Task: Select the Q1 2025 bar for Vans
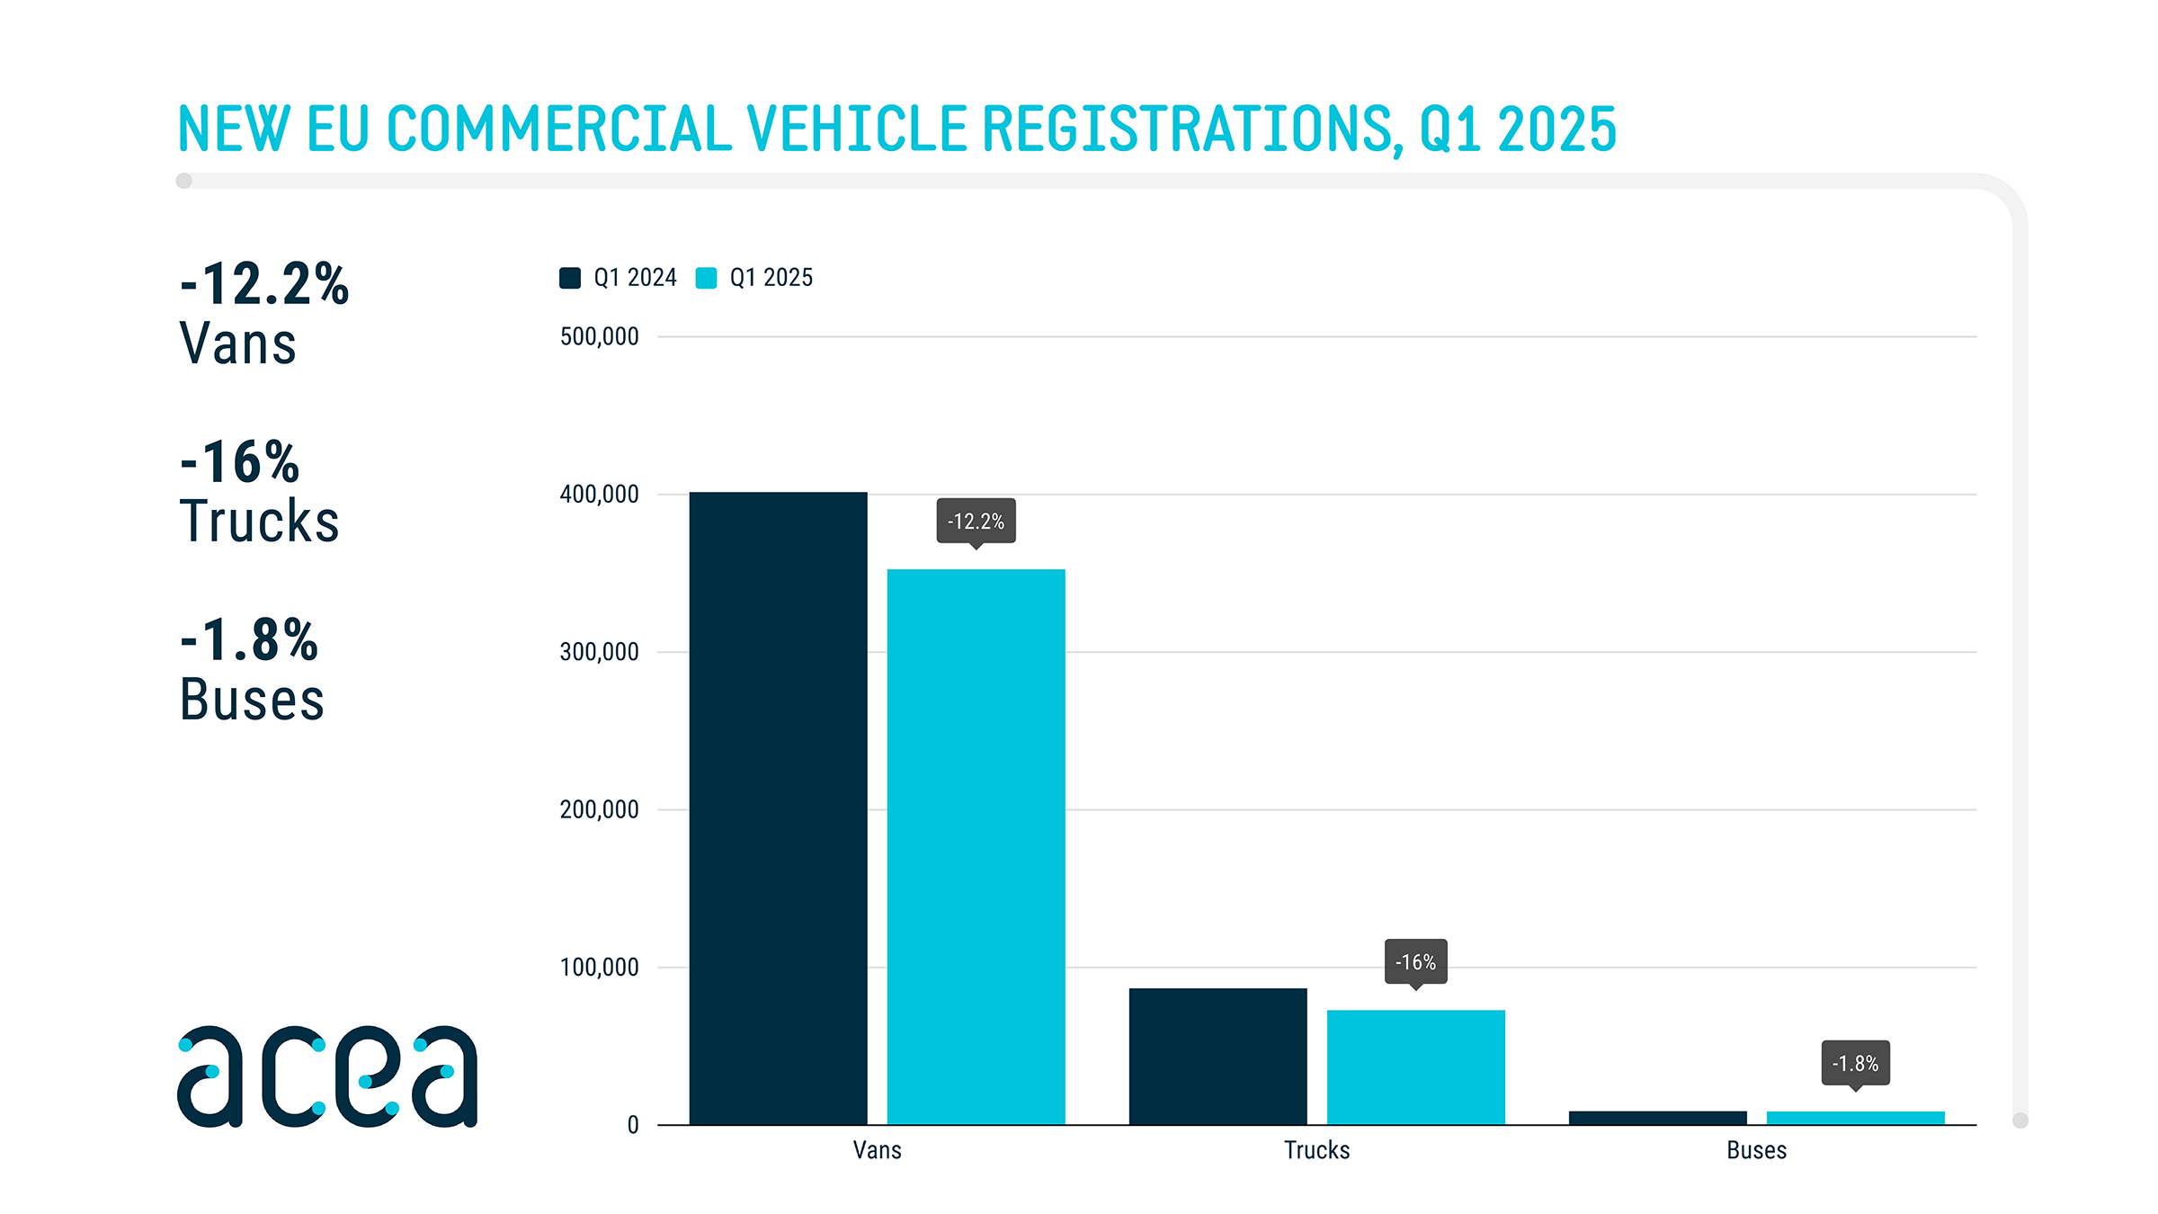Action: (976, 845)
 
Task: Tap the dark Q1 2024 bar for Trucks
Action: (1217, 1056)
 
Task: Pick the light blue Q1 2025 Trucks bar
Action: (1415, 1067)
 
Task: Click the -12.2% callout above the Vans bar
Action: (976, 522)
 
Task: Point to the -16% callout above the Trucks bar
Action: (1415, 962)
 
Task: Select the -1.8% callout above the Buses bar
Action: (1855, 1064)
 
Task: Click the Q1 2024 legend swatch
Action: (570, 278)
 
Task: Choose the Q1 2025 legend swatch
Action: (706, 278)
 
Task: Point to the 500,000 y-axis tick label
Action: (599, 337)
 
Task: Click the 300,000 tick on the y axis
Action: (599, 652)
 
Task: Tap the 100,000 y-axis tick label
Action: (599, 968)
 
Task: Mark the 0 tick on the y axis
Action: (633, 1125)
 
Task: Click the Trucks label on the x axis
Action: (1316, 1150)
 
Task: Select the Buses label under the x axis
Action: (1756, 1150)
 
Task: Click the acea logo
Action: (327, 1076)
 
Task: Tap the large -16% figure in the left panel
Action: (240, 462)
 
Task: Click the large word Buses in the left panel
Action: (252, 700)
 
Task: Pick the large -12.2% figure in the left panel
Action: (264, 284)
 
